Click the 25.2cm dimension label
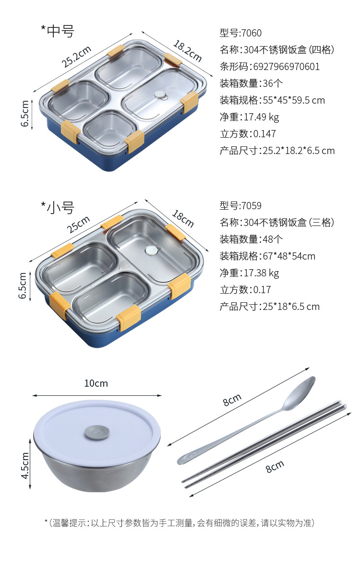tap(76, 56)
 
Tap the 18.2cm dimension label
tap(187, 51)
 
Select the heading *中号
tap(58, 31)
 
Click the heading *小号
tap(58, 207)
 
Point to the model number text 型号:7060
tap(240, 33)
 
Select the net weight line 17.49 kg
tap(249, 117)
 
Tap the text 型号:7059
tap(240, 206)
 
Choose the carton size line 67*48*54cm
tap(267, 256)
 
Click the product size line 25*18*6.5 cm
tap(269, 307)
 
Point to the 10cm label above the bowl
tap(96, 383)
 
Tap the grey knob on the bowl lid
tap(96, 433)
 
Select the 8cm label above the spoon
tap(232, 400)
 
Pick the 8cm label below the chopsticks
tap(275, 466)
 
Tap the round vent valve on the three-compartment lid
tap(152, 250)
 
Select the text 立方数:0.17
tap(245, 290)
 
